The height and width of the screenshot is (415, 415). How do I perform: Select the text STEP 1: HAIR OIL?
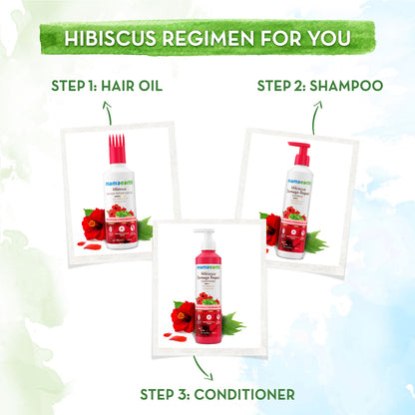[x=108, y=85]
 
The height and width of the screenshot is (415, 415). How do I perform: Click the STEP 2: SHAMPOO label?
[x=319, y=85]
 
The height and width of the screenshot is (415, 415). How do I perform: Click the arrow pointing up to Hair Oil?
[x=106, y=111]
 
